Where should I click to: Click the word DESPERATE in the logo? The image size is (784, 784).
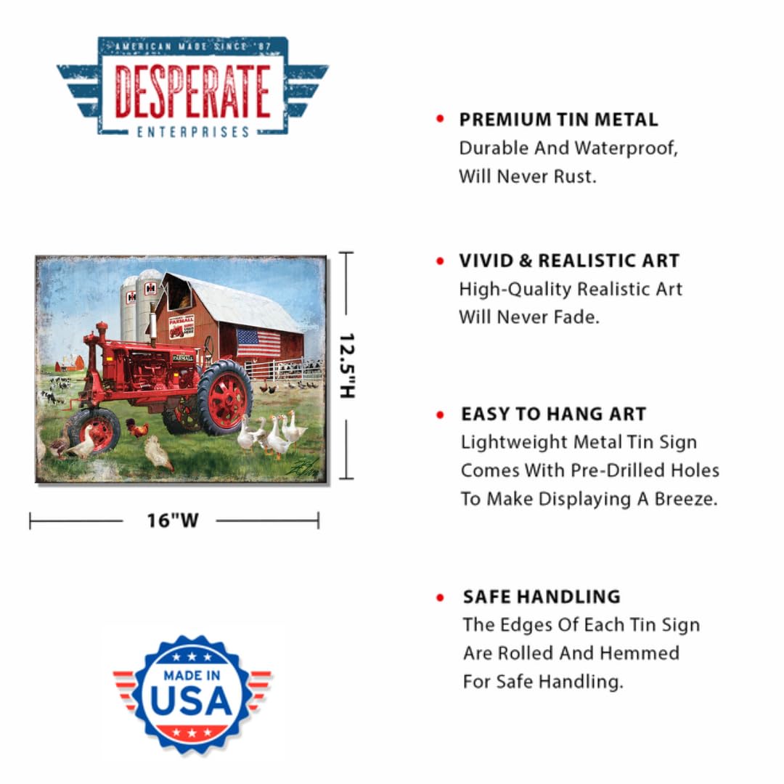pyautogui.click(x=192, y=91)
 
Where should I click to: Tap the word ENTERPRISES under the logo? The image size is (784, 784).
pyautogui.click(x=192, y=131)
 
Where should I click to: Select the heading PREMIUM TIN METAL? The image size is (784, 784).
pyautogui.click(x=558, y=120)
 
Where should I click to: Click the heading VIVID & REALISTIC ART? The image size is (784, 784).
pyautogui.click(x=569, y=261)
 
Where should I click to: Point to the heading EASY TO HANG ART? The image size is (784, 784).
pyautogui.click(x=553, y=415)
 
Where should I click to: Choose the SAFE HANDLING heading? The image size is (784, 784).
pyautogui.click(x=542, y=597)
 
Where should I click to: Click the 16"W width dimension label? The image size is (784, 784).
pyautogui.click(x=172, y=520)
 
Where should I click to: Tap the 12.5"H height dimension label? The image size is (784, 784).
pyautogui.click(x=347, y=365)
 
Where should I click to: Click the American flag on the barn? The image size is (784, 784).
pyautogui.click(x=258, y=343)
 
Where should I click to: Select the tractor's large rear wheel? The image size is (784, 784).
pyautogui.click(x=225, y=397)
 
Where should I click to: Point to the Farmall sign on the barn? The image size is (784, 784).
pyautogui.click(x=181, y=327)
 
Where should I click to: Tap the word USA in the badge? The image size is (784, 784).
pyautogui.click(x=191, y=699)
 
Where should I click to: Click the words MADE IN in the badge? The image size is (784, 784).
pyautogui.click(x=192, y=675)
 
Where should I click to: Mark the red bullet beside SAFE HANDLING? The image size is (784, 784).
pyautogui.click(x=440, y=597)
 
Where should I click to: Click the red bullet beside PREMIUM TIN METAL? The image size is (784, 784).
pyautogui.click(x=440, y=119)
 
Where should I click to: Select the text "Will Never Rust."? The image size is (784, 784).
pyautogui.click(x=527, y=176)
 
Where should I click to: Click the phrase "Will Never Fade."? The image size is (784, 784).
pyautogui.click(x=529, y=317)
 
